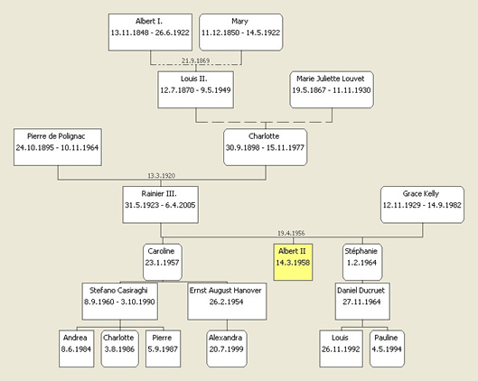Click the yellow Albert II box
293,262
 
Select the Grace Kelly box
422,205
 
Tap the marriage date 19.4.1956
291,233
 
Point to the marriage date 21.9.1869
196,60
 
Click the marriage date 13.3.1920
161,176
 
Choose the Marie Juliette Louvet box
332,89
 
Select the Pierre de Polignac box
58,147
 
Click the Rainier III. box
160,205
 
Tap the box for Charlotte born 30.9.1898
266,147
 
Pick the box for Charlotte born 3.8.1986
120,348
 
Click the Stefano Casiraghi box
120,302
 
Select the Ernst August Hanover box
227,302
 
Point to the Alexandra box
227,348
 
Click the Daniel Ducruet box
362,302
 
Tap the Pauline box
387,348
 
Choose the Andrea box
76,348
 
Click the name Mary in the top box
239,22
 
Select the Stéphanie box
362,262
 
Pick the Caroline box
163,262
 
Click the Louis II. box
196,89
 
